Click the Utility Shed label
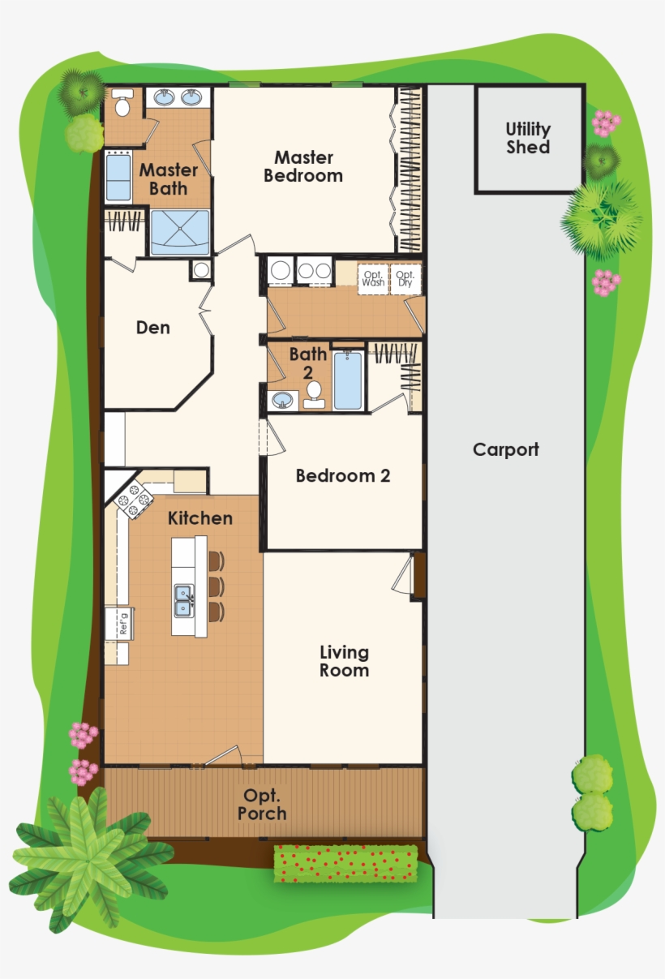(528, 139)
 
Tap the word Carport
(505, 449)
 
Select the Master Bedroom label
(303, 166)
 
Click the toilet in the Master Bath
(123, 105)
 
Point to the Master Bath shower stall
(180, 233)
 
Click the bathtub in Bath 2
(348, 380)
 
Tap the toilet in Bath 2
(314, 395)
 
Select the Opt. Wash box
(373, 278)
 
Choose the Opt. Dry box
(405, 278)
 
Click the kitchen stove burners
(133, 500)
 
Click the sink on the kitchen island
(183, 600)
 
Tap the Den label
(152, 328)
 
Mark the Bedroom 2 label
(342, 476)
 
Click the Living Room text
(344, 661)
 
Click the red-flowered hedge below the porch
(345, 864)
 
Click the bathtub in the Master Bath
(118, 177)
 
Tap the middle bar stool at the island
(216, 586)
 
